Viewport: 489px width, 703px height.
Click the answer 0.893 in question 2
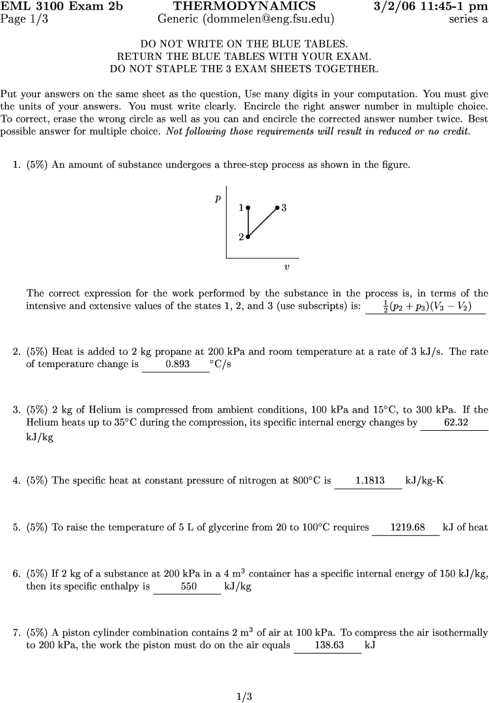pos(178,365)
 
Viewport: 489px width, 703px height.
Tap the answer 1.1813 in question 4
pos(369,481)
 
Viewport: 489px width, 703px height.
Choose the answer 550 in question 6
pos(188,586)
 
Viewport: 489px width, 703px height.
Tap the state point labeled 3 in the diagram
pos(277,208)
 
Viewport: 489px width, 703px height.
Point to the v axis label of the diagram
pos(286,267)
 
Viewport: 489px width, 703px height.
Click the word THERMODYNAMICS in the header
pos(245,7)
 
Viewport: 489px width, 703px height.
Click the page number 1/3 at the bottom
pos(244,696)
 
